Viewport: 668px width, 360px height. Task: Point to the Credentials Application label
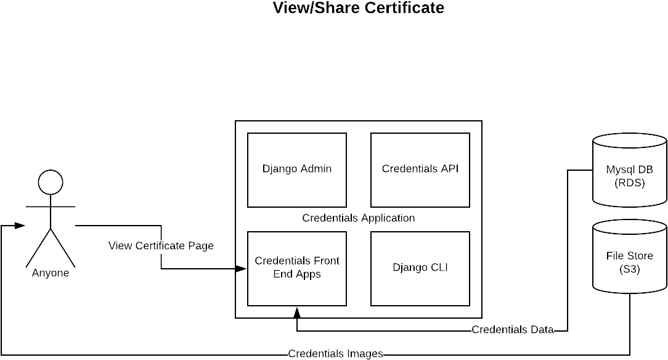358,218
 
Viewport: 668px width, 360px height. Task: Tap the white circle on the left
51,182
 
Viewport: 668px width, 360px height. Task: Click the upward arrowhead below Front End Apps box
297,313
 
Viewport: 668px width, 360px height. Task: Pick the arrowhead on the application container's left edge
241,269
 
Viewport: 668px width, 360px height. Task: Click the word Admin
316,169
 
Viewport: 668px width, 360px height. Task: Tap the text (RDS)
629,182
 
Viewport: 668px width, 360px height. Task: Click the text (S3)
629,269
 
